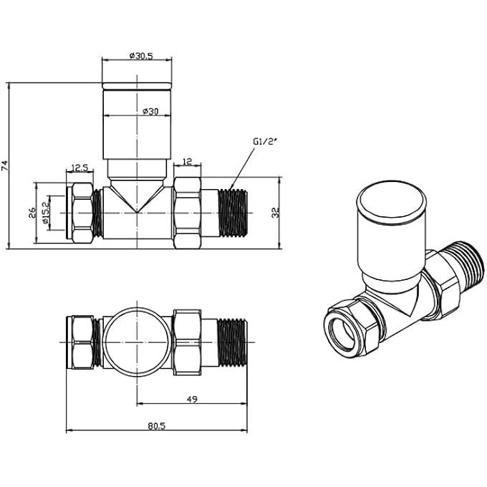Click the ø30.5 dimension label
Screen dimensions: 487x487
point(140,55)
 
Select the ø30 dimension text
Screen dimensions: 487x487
point(150,111)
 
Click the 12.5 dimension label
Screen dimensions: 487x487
point(79,169)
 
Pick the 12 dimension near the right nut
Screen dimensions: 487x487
point(188,162)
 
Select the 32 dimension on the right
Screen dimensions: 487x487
point(276,212)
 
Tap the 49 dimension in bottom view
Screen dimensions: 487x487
point(192,398)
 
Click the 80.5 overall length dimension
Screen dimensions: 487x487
point(157,425)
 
